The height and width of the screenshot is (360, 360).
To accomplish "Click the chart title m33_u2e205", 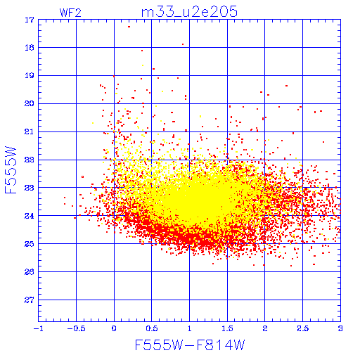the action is [189, 12].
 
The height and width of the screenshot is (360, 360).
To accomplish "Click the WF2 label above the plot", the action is [70, 13].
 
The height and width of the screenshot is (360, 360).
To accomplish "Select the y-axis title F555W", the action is [11, 170].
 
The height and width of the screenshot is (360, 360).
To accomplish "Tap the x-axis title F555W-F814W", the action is [190, 345].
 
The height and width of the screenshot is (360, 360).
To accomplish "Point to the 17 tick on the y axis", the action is [30, 20].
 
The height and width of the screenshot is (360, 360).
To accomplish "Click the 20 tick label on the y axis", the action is [30, 103].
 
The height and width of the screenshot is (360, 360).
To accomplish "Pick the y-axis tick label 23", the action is [30, 188].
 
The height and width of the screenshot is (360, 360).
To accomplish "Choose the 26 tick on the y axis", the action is [30, 271].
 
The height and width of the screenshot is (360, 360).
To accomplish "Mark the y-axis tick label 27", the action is [30, 300].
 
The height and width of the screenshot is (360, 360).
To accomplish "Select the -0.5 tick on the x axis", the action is [76, 328].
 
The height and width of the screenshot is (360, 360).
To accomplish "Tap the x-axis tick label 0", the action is [114, 328].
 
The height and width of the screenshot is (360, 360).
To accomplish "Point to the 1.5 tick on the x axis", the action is [227, 328].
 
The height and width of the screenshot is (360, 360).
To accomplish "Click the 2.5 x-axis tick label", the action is [302, 328].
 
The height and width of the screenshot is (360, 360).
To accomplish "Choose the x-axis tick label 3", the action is [340, 328].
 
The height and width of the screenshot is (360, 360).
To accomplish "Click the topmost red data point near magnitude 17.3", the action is [129, 27].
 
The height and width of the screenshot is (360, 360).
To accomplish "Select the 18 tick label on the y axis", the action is [30, 48].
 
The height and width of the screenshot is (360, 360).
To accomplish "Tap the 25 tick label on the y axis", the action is [30, 244].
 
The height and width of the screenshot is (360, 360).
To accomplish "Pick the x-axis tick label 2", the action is [265, 328].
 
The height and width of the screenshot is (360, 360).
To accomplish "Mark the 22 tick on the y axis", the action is [30, 160].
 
